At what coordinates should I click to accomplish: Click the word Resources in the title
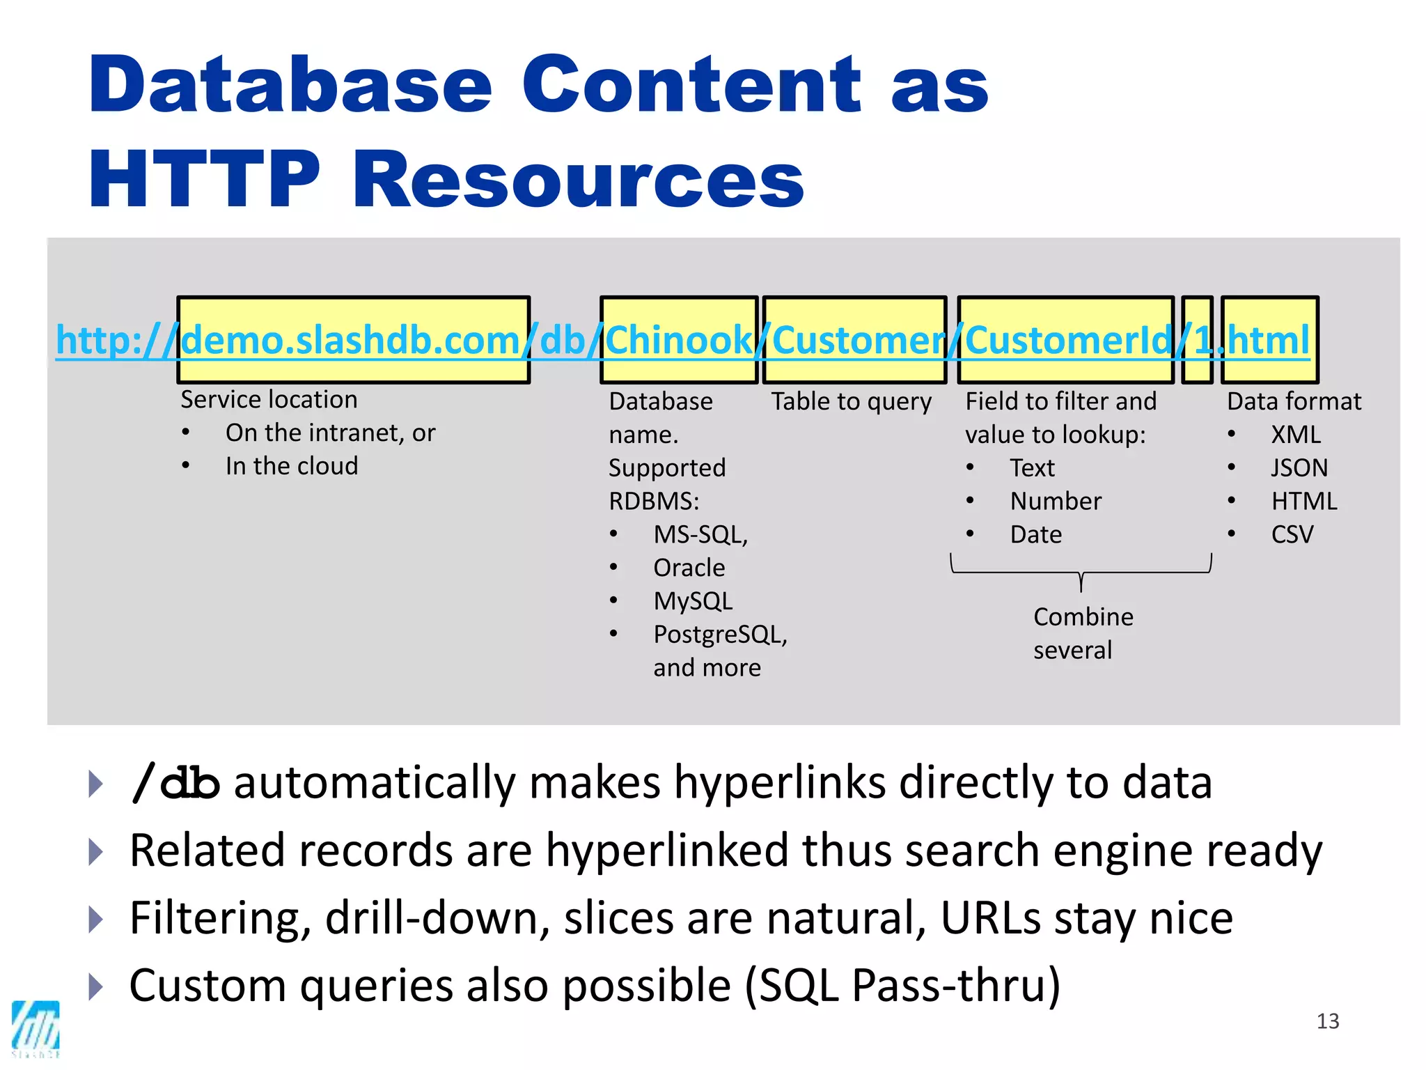coord(578,180)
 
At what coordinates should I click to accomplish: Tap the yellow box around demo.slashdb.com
coord(353,340)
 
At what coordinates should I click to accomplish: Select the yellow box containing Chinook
coord(678,340)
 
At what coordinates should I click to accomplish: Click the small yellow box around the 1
coord(1197,340)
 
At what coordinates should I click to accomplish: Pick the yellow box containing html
coord(1269,340)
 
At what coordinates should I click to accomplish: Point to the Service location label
coord(269,400)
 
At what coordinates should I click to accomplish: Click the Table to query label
coord(851,402)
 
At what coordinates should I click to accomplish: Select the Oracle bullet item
coord(689,568)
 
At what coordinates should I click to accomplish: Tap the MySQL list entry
coord(693,601)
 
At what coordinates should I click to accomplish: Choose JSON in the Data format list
coord(1299,467)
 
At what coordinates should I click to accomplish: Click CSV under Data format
coord(1292,534)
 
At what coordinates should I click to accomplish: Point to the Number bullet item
coord(1056,501)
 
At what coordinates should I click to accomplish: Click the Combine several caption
coord(1082,633)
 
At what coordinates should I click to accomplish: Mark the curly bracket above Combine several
coord(1081,572)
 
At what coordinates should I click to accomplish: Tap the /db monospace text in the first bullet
coord(175,783)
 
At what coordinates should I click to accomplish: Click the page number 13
coord(1327,1021)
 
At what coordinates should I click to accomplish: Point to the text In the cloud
coord(292,466)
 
